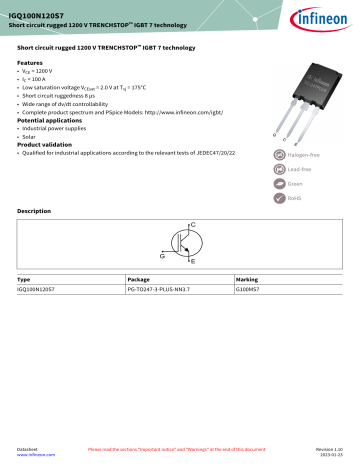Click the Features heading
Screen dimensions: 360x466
pos(31,61)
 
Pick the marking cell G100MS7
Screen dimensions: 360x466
pos(250,289)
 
